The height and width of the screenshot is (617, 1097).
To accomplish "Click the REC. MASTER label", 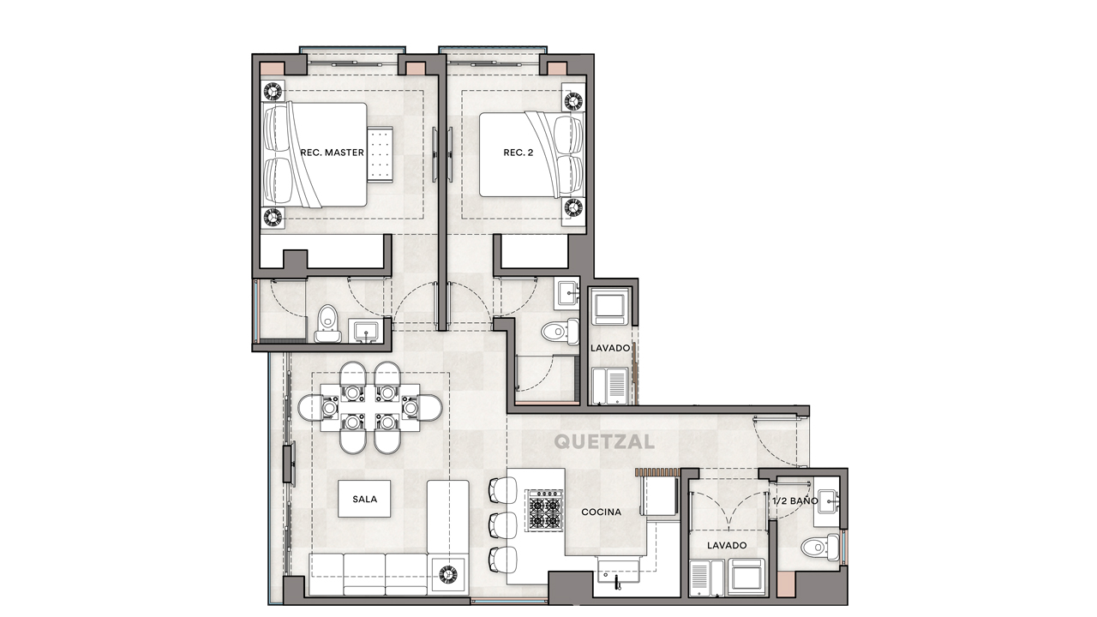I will click(332, 153).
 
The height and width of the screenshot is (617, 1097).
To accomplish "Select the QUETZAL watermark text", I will click(604, 442).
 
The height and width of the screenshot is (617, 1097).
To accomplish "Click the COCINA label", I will click(601, 512).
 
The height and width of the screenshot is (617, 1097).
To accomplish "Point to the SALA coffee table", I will click(364, 499).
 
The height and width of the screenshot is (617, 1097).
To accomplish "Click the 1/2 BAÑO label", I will click(794, 500).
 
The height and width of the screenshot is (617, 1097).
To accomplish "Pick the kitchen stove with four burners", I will click(544, 511).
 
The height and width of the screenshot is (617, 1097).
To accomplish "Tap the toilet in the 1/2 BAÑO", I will click(821, 547).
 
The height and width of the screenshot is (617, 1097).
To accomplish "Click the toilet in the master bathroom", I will click(327, 325).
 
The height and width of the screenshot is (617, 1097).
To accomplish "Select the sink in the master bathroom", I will click(368, 331).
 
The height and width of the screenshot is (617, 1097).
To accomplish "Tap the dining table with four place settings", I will click(369, 408).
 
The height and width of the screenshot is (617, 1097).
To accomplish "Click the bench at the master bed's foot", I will click(380, 154).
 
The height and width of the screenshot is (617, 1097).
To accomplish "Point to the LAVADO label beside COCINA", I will click(726, 545).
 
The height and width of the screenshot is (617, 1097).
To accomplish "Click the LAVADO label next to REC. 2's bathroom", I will click(610, 348).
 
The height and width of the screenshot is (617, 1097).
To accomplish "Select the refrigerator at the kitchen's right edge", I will click(661, 497).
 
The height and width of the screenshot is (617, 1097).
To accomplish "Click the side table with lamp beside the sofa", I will click(448, 575).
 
